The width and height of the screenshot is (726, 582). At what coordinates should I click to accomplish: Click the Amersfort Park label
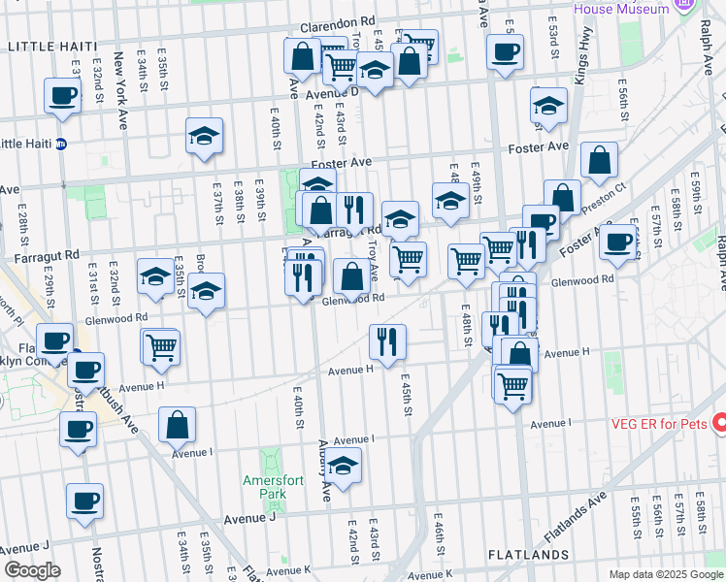coord(265,486)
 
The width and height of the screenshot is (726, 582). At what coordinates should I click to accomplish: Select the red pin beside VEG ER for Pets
coord(719,424)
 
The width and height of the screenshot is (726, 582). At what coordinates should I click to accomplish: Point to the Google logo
coord(31,569)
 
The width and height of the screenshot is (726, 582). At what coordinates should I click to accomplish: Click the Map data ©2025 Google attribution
coord(666,574)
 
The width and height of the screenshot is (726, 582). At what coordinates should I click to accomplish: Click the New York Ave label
coord(121,78)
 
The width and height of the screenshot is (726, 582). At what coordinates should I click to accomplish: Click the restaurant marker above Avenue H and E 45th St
coord(387,341)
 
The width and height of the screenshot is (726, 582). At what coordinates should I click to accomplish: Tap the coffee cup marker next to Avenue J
coord(84,501)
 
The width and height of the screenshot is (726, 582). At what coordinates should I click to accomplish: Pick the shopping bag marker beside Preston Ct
coord(600,160)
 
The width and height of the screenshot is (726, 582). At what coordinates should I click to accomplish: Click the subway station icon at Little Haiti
coord(61,145)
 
